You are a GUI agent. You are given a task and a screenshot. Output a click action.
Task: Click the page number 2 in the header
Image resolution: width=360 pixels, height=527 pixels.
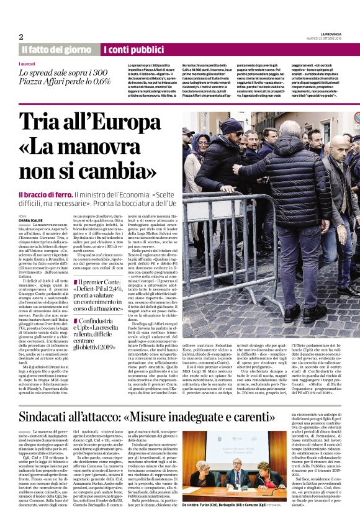coord(21,37)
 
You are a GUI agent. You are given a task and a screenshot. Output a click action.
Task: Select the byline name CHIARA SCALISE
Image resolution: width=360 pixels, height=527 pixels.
coord(31,219)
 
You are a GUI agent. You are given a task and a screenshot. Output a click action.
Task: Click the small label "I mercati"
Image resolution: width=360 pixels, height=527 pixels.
coord(27,64)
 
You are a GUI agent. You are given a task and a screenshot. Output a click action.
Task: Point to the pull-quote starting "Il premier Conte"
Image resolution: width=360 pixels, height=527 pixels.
coord(102,293)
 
